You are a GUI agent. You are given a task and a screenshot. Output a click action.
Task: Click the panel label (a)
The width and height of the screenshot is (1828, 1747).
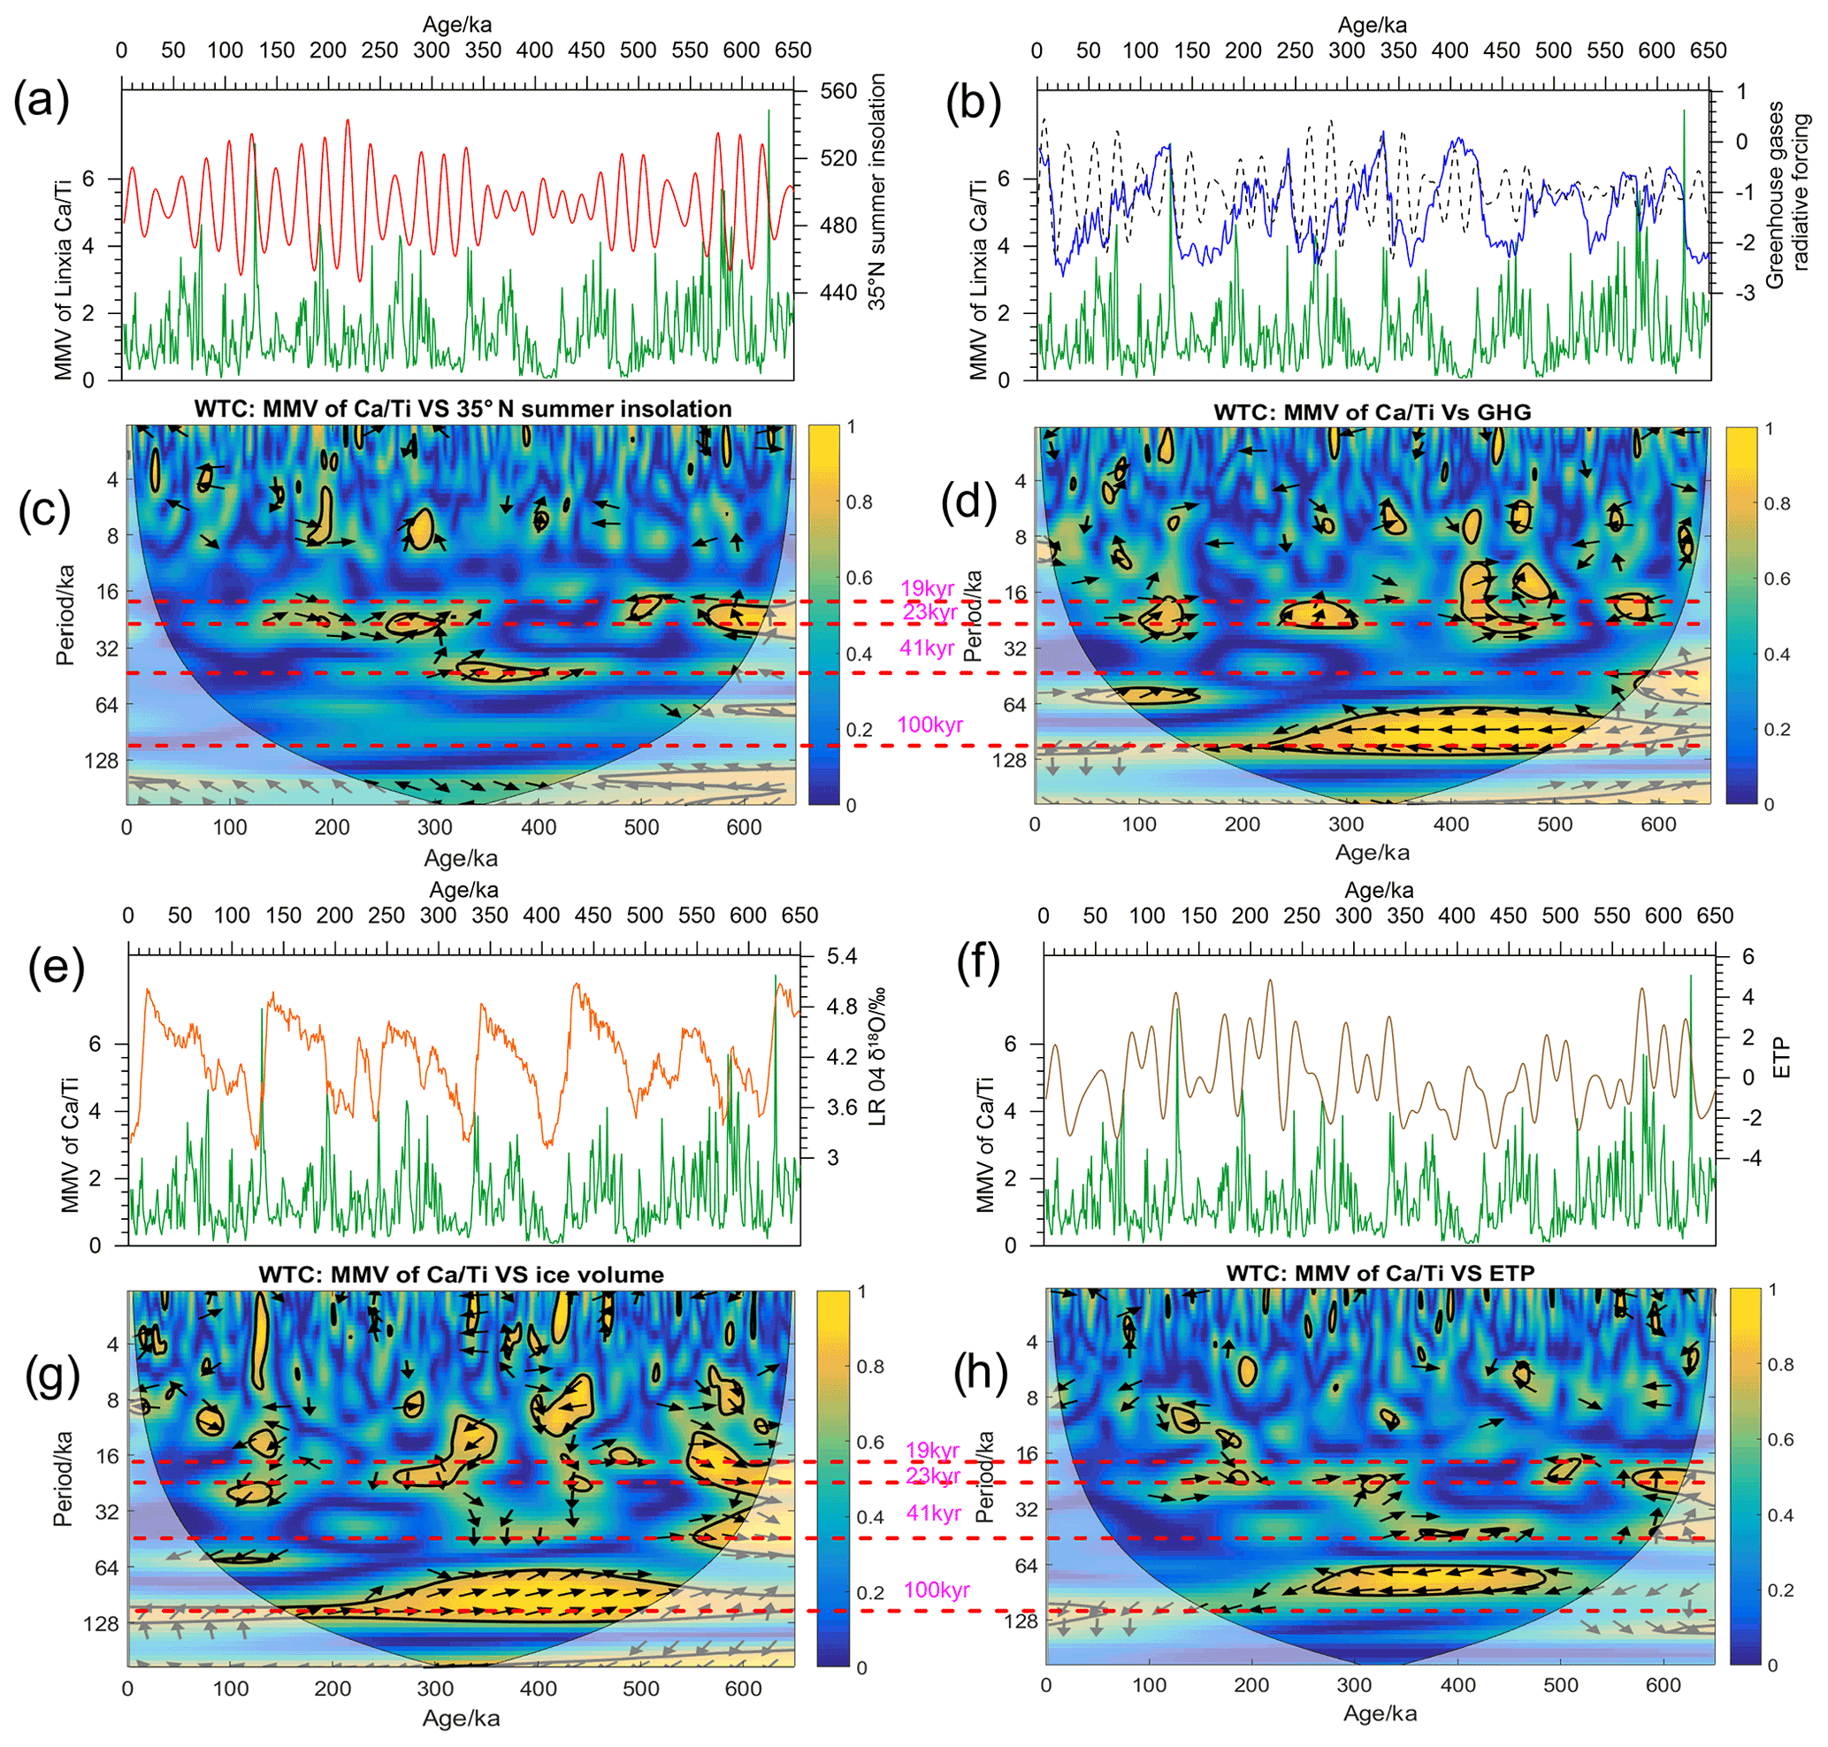tap(41, 101)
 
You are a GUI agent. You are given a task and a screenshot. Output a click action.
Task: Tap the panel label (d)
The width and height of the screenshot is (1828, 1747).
tap(969, 502)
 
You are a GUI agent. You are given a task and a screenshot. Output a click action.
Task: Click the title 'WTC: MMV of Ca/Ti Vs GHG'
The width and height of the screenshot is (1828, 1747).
tap(1372, 411)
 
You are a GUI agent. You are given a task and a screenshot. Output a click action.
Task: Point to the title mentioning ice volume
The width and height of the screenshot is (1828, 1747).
tap(461, 1274)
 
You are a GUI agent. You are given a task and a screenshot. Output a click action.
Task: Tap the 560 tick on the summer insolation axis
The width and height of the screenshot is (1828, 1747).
tap(838, 91)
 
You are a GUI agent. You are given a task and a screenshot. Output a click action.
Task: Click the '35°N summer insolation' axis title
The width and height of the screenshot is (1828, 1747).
tap(877, 191)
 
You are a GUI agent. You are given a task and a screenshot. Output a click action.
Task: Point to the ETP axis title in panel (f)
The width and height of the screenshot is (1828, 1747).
tap(1780, 1058)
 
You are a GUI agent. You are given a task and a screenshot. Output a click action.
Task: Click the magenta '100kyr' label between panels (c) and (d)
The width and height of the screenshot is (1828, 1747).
tap(929, 724)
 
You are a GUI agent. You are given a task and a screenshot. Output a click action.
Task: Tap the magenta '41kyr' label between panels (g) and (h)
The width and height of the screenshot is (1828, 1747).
tap(933, 1513)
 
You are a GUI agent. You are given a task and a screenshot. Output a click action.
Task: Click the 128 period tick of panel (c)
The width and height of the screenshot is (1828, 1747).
tap(102, 761)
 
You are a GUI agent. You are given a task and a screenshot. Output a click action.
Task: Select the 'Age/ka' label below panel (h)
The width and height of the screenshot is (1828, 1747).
tap(1379, 1713)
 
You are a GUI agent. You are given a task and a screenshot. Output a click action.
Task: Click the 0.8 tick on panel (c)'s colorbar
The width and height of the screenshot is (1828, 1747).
tap(859, 502)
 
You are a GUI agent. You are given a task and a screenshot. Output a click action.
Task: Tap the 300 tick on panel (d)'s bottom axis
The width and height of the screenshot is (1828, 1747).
tap(1347, 824)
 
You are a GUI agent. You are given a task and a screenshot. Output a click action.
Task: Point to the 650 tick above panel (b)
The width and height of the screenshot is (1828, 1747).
tap(1708, 50)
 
